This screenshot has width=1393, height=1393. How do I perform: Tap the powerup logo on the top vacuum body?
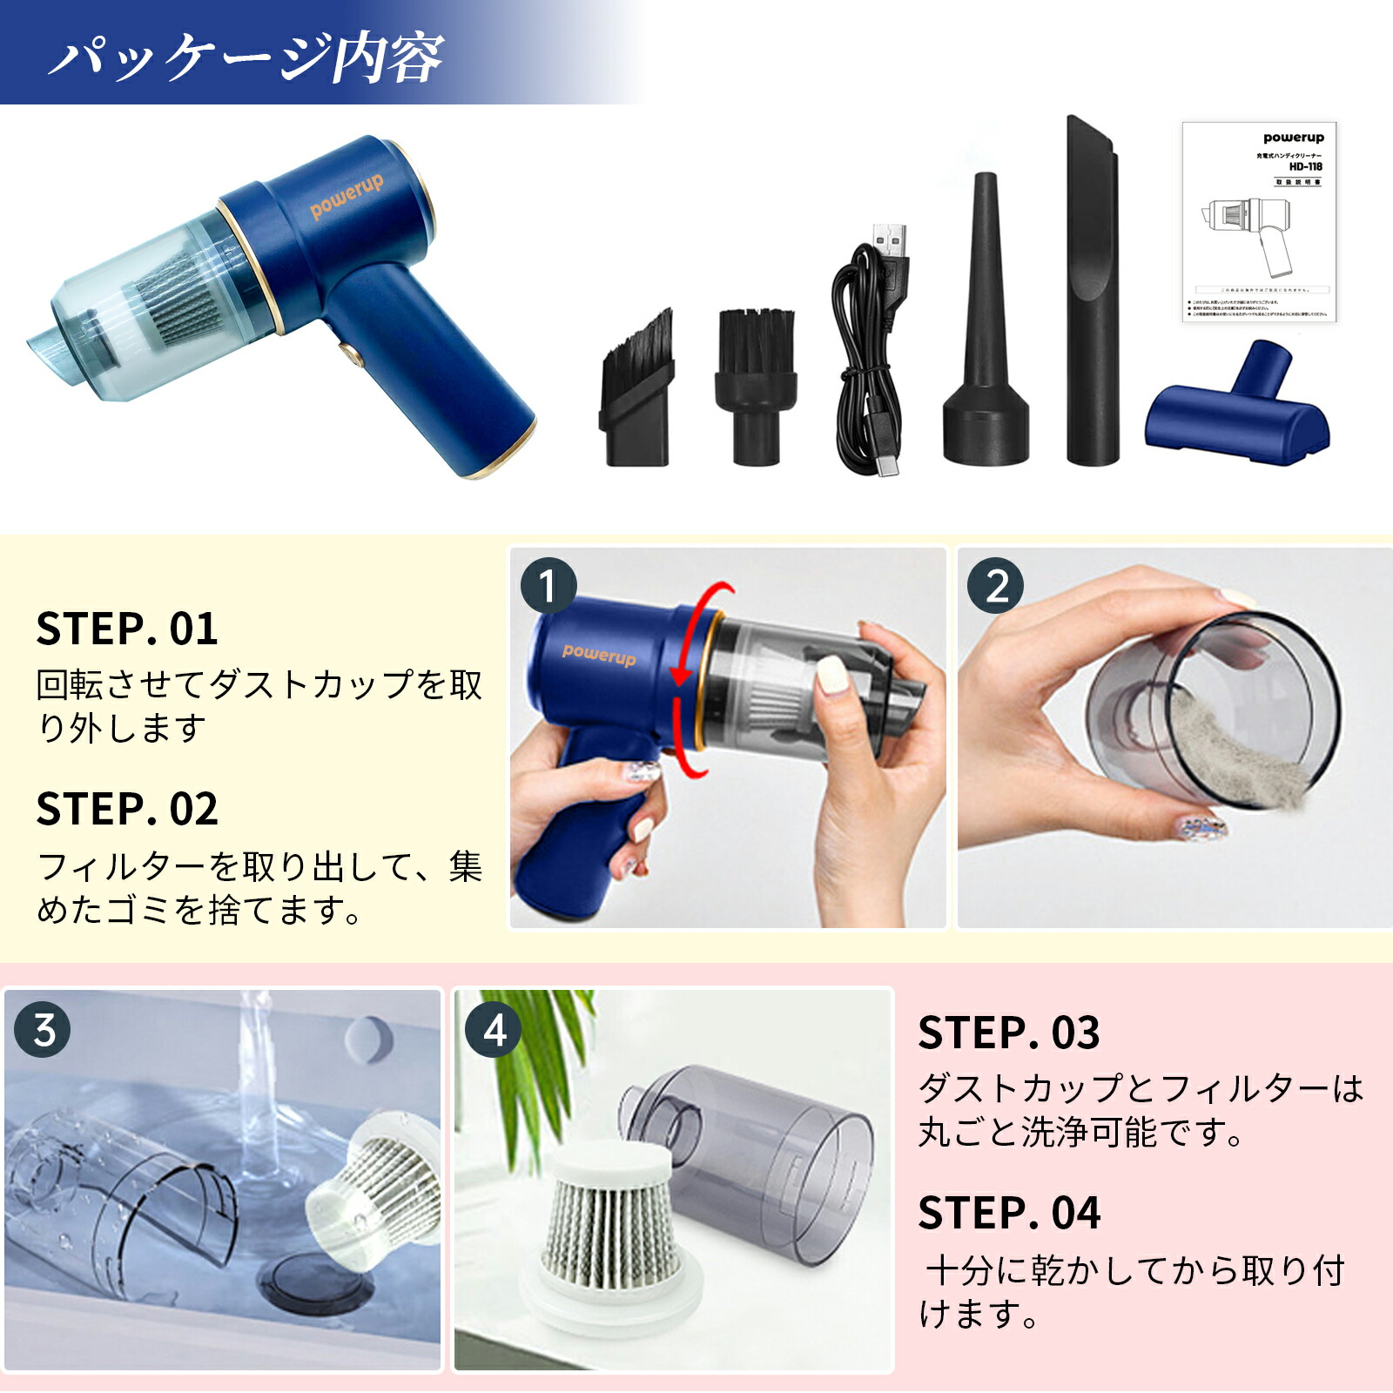coord(347,199)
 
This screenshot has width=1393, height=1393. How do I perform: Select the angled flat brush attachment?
coord(636,392)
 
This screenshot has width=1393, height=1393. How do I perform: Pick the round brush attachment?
coord(756,383)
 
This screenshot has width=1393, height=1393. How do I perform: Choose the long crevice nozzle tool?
coord(1093,296)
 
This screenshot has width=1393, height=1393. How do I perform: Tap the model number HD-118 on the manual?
coord(1305,166)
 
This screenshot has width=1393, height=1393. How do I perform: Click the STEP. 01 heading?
coord(127,629)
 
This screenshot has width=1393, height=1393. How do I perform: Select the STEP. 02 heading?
coord(127,809)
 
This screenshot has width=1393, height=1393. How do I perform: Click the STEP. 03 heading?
coord(1009,1033)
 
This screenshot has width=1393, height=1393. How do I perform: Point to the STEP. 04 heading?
coord(1009,1213)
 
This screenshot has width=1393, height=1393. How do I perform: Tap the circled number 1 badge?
coord(548,586)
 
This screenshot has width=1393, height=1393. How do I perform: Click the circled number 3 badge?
coord(43,1030)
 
